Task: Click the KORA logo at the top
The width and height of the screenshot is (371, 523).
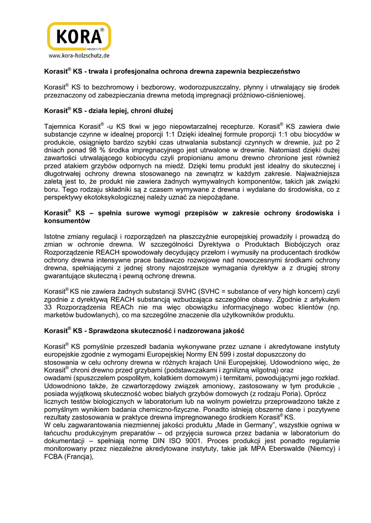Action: click(79, 37)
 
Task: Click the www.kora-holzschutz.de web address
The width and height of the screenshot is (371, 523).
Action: click(79, 55)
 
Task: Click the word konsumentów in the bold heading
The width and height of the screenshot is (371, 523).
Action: click(68, 222)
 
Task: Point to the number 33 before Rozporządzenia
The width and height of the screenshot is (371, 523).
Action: click(49, 308)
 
